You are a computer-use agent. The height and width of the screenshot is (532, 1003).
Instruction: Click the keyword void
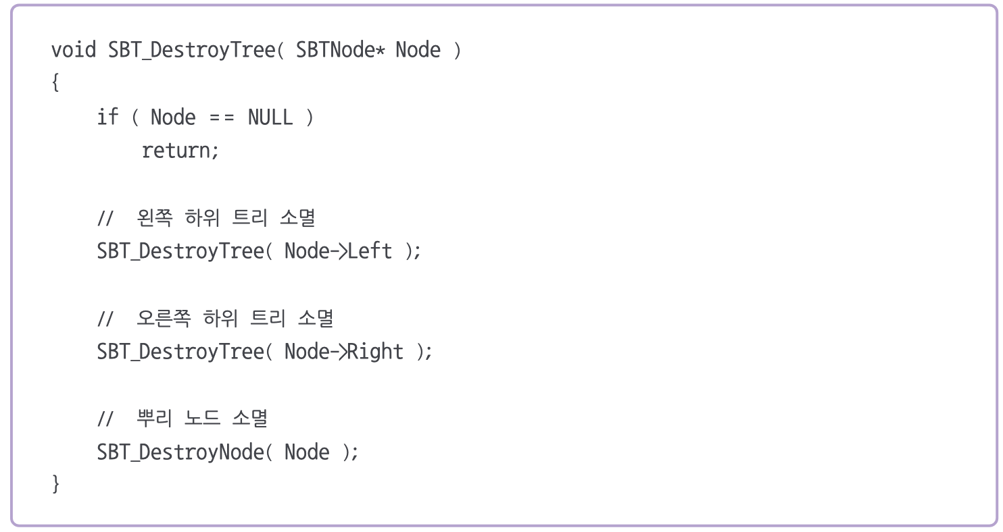tap(74, 50)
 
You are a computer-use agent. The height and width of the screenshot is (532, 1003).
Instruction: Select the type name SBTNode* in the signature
tap(340, 50)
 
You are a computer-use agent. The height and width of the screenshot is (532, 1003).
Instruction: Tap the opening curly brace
tap(55, 84)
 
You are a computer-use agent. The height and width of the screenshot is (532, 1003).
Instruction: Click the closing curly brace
tap(55, 484)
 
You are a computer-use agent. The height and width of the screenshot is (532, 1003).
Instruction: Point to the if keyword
tap(107, 117)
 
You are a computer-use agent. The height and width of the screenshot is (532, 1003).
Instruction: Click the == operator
tap(221, 117)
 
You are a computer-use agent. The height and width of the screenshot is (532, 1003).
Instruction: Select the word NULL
tap(270, 117)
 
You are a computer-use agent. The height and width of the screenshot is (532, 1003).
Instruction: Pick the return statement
tap(180, 151)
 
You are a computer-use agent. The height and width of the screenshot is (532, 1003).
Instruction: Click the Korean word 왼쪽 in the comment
tap(155, 218)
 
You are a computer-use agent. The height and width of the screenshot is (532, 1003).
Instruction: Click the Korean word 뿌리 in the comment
tap(155, 419)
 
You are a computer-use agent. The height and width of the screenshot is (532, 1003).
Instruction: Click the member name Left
tap(370, 251)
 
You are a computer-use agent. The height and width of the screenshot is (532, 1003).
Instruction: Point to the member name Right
tap(375, 352)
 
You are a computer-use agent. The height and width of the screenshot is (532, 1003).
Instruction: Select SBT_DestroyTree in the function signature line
tap(191, 50)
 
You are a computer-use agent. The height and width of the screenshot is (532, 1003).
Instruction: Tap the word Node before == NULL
tap(173, 117)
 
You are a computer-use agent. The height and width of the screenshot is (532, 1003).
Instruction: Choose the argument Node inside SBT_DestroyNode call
tap(307, 452)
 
